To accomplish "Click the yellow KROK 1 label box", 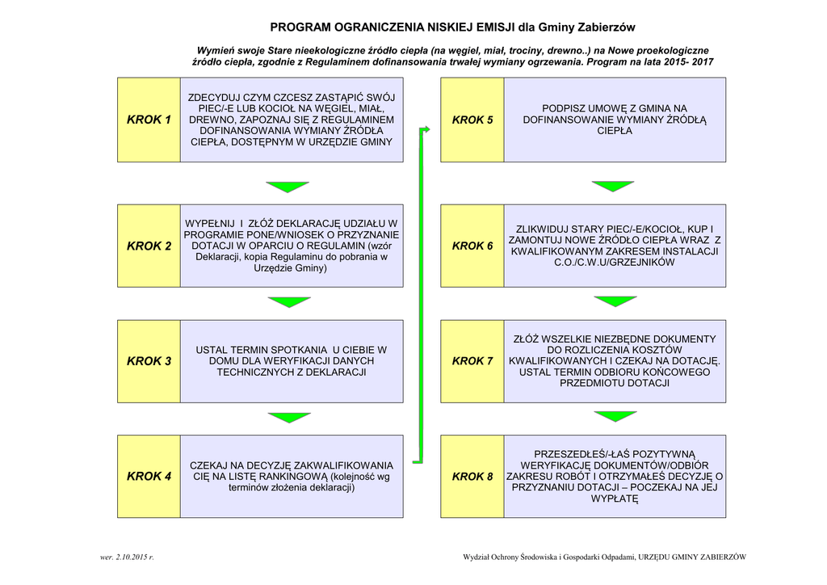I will pyautogui.click(x=149, y=120).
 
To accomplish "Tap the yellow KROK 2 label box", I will pyautogui.click(x=149, y=246).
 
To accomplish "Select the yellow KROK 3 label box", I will pyautogui.click(x=149, y=361).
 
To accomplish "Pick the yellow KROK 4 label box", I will pyautogui.click(x=149, y=477).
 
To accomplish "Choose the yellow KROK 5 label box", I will pyautogui.click(x=472, y=120).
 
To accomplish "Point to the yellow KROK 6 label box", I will pyautogui.click(x=472, y=246).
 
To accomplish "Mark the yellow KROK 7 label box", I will pyautogui.click(x=472, y=361).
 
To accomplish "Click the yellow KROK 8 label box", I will pyautogui.click(x=472, y=477).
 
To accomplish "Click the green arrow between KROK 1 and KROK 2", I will pyautogui.click(x=288, y=187).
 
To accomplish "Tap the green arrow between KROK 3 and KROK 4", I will pyautogui.click(x=288, y=418).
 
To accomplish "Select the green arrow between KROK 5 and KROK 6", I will pyautogui.click(x=614, y=187).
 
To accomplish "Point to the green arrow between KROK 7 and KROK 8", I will pyautogui.click(x=615, y=417).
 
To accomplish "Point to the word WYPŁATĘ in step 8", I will pyautogui.click(x=615, y=499).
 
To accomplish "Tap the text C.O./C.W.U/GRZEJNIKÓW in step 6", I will pyautogui.click(x=615, y=263).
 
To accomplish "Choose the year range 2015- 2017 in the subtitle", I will pyautogui.click(x=684, y=61).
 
